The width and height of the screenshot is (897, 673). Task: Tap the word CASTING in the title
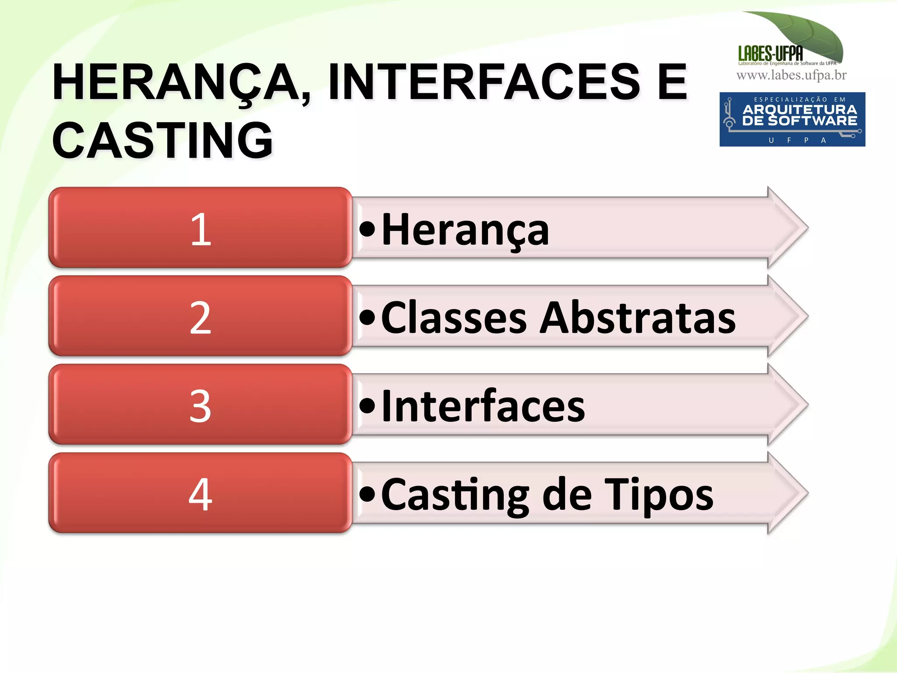click(x=162, y=141)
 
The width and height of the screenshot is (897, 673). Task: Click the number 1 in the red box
click(x=201, y=229)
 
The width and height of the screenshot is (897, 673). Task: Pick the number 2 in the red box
click(x=201, y=318)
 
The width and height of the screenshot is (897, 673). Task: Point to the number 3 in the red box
click(x=201, y=406)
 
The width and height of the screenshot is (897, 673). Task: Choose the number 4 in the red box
click(x=201, y=495)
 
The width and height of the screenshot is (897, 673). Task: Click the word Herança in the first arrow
click(x=465, y=230)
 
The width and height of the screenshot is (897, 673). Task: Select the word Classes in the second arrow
click(x=454, y=318)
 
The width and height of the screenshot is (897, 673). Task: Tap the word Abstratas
click(x=638, y=318)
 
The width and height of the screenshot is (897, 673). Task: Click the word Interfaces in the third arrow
click(x=483, y=406)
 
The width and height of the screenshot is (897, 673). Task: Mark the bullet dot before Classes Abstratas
click(x=367, y=317)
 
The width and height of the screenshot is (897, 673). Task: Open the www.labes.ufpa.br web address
click(x=791, y=76)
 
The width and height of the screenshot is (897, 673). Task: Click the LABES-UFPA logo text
click(x=770, y=53)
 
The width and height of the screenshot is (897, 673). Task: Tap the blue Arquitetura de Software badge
click(x=792, y=119)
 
